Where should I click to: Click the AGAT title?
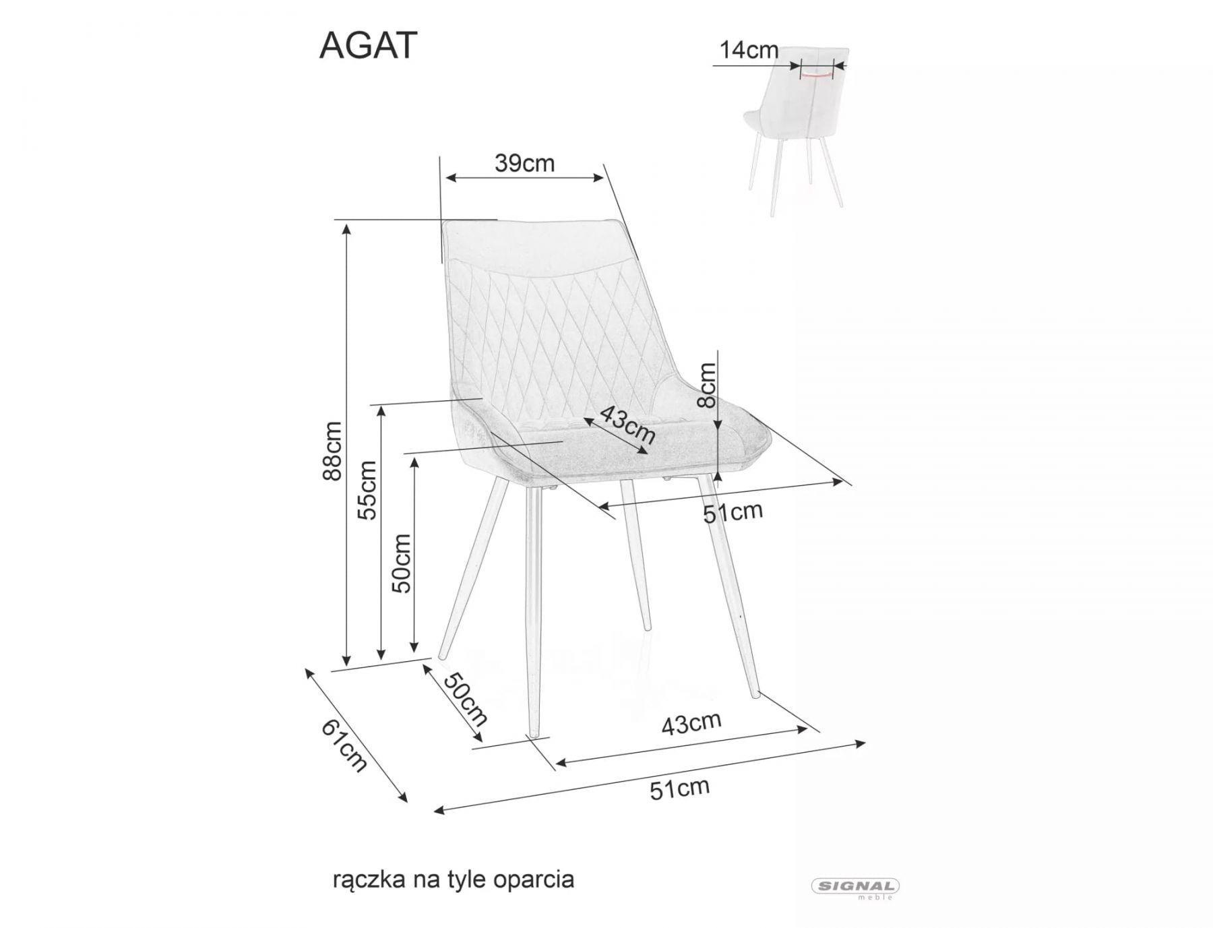(x=368, y=46)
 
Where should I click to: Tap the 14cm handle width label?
(x=749, y=50)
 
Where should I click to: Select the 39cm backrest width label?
(x=524, y=162)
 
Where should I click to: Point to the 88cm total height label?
(x=332, y=450)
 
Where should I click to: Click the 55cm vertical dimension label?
(x=367, y=490)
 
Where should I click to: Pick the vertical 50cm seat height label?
(x=402, y=563)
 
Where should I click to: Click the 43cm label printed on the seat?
(x=627, y=425)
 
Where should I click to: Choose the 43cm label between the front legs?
(x=691, y=723)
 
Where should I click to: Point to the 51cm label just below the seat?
(x=733, y=512)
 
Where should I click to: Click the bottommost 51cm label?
(x=680, y=788)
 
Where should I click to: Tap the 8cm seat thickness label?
(x=708, y=385)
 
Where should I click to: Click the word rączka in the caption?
(x=369, y=880)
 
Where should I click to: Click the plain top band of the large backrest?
(x=539, y=246)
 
